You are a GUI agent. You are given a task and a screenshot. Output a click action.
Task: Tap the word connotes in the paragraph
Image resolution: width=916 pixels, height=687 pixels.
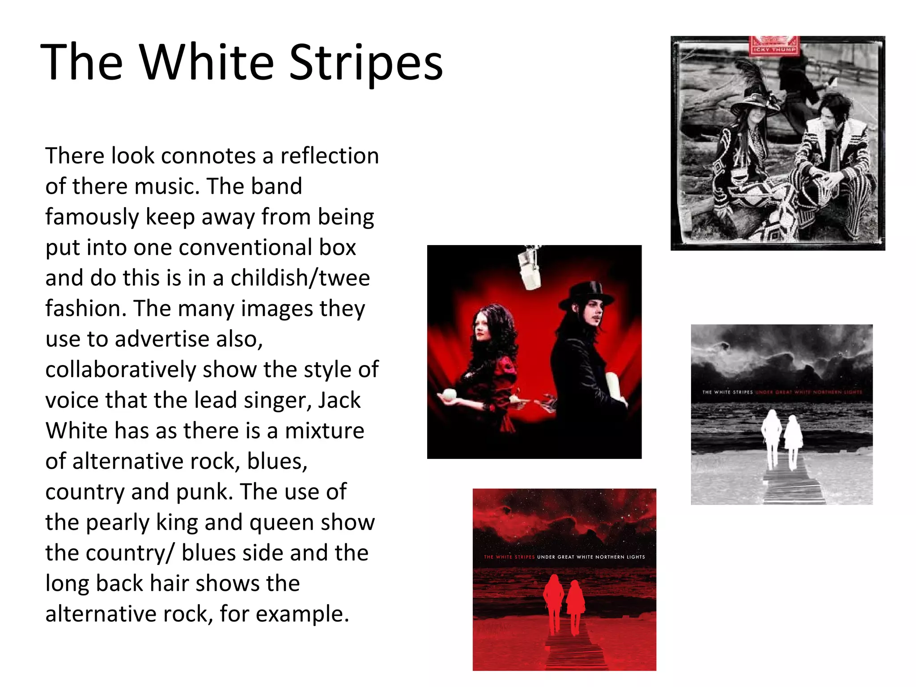tap(208, 156)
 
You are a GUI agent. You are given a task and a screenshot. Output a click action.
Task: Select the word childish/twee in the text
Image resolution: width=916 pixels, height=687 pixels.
tap(300, 278)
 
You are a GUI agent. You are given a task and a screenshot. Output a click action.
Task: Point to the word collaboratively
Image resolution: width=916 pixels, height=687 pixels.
tap(121, 370)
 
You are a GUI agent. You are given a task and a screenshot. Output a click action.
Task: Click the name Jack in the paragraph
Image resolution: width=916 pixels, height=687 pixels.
tap(339, 400)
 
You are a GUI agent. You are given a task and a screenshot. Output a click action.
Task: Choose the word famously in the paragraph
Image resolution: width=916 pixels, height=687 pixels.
tap(92, 217)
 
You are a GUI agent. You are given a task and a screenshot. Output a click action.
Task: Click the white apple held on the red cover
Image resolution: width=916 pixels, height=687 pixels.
tap(449, 394)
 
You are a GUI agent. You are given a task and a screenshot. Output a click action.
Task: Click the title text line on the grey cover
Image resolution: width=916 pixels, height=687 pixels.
tap(782, 392)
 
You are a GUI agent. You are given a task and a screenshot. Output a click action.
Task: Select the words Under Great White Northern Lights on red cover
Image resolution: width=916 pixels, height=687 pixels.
tap(591, 557)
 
